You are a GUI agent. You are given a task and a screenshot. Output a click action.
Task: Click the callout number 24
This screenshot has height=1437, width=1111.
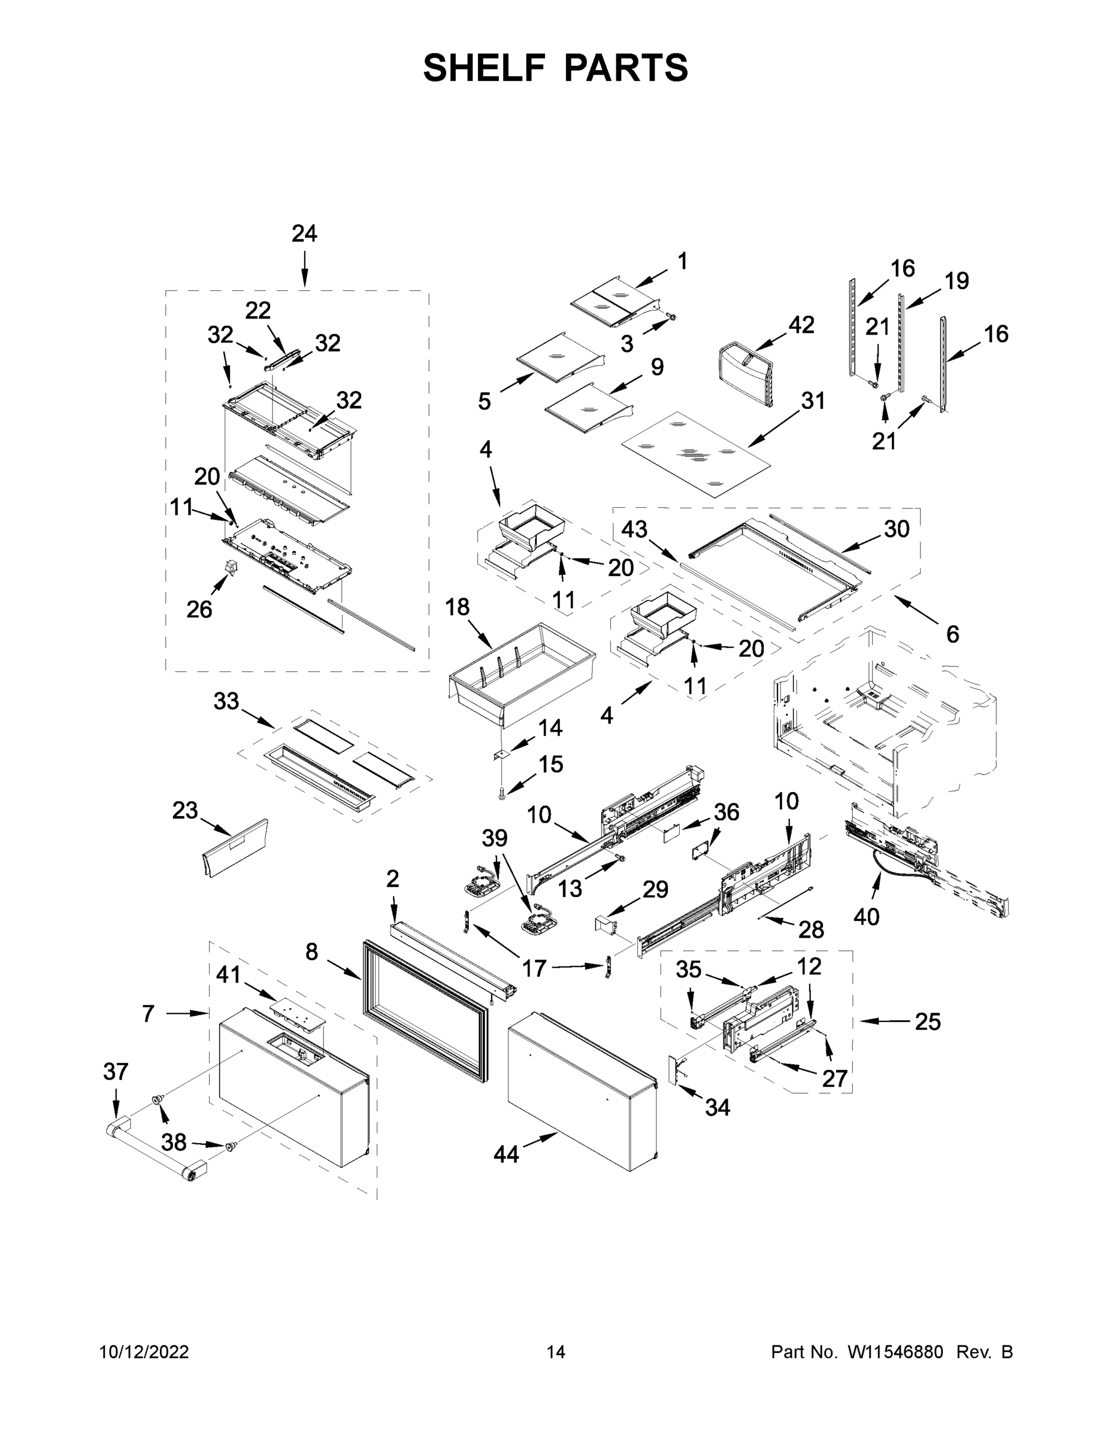tap(304, 234)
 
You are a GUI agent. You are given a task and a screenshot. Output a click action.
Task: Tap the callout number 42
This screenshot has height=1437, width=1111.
tap(801, 325)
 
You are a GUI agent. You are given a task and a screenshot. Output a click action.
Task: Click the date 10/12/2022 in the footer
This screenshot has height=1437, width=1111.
tap(144, 1352)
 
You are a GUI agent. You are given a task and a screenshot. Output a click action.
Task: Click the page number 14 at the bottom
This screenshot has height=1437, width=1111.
tap(556, 1352)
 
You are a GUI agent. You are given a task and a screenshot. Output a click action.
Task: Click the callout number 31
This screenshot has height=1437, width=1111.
tap(813, 400)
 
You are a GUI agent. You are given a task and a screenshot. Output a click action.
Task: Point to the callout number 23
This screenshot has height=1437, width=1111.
tap(185, 811)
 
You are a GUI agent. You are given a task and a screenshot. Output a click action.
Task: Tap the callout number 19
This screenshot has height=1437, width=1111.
tap(956, 281)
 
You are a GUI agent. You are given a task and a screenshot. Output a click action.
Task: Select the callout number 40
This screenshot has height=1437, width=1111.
tap(866, 916)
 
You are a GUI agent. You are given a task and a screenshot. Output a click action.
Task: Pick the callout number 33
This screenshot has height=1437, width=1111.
tap(226, 701)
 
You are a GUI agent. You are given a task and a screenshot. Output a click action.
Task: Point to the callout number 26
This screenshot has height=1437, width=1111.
tap(199, 610)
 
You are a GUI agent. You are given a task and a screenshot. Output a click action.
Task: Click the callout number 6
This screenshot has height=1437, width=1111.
tap(952, 634)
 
